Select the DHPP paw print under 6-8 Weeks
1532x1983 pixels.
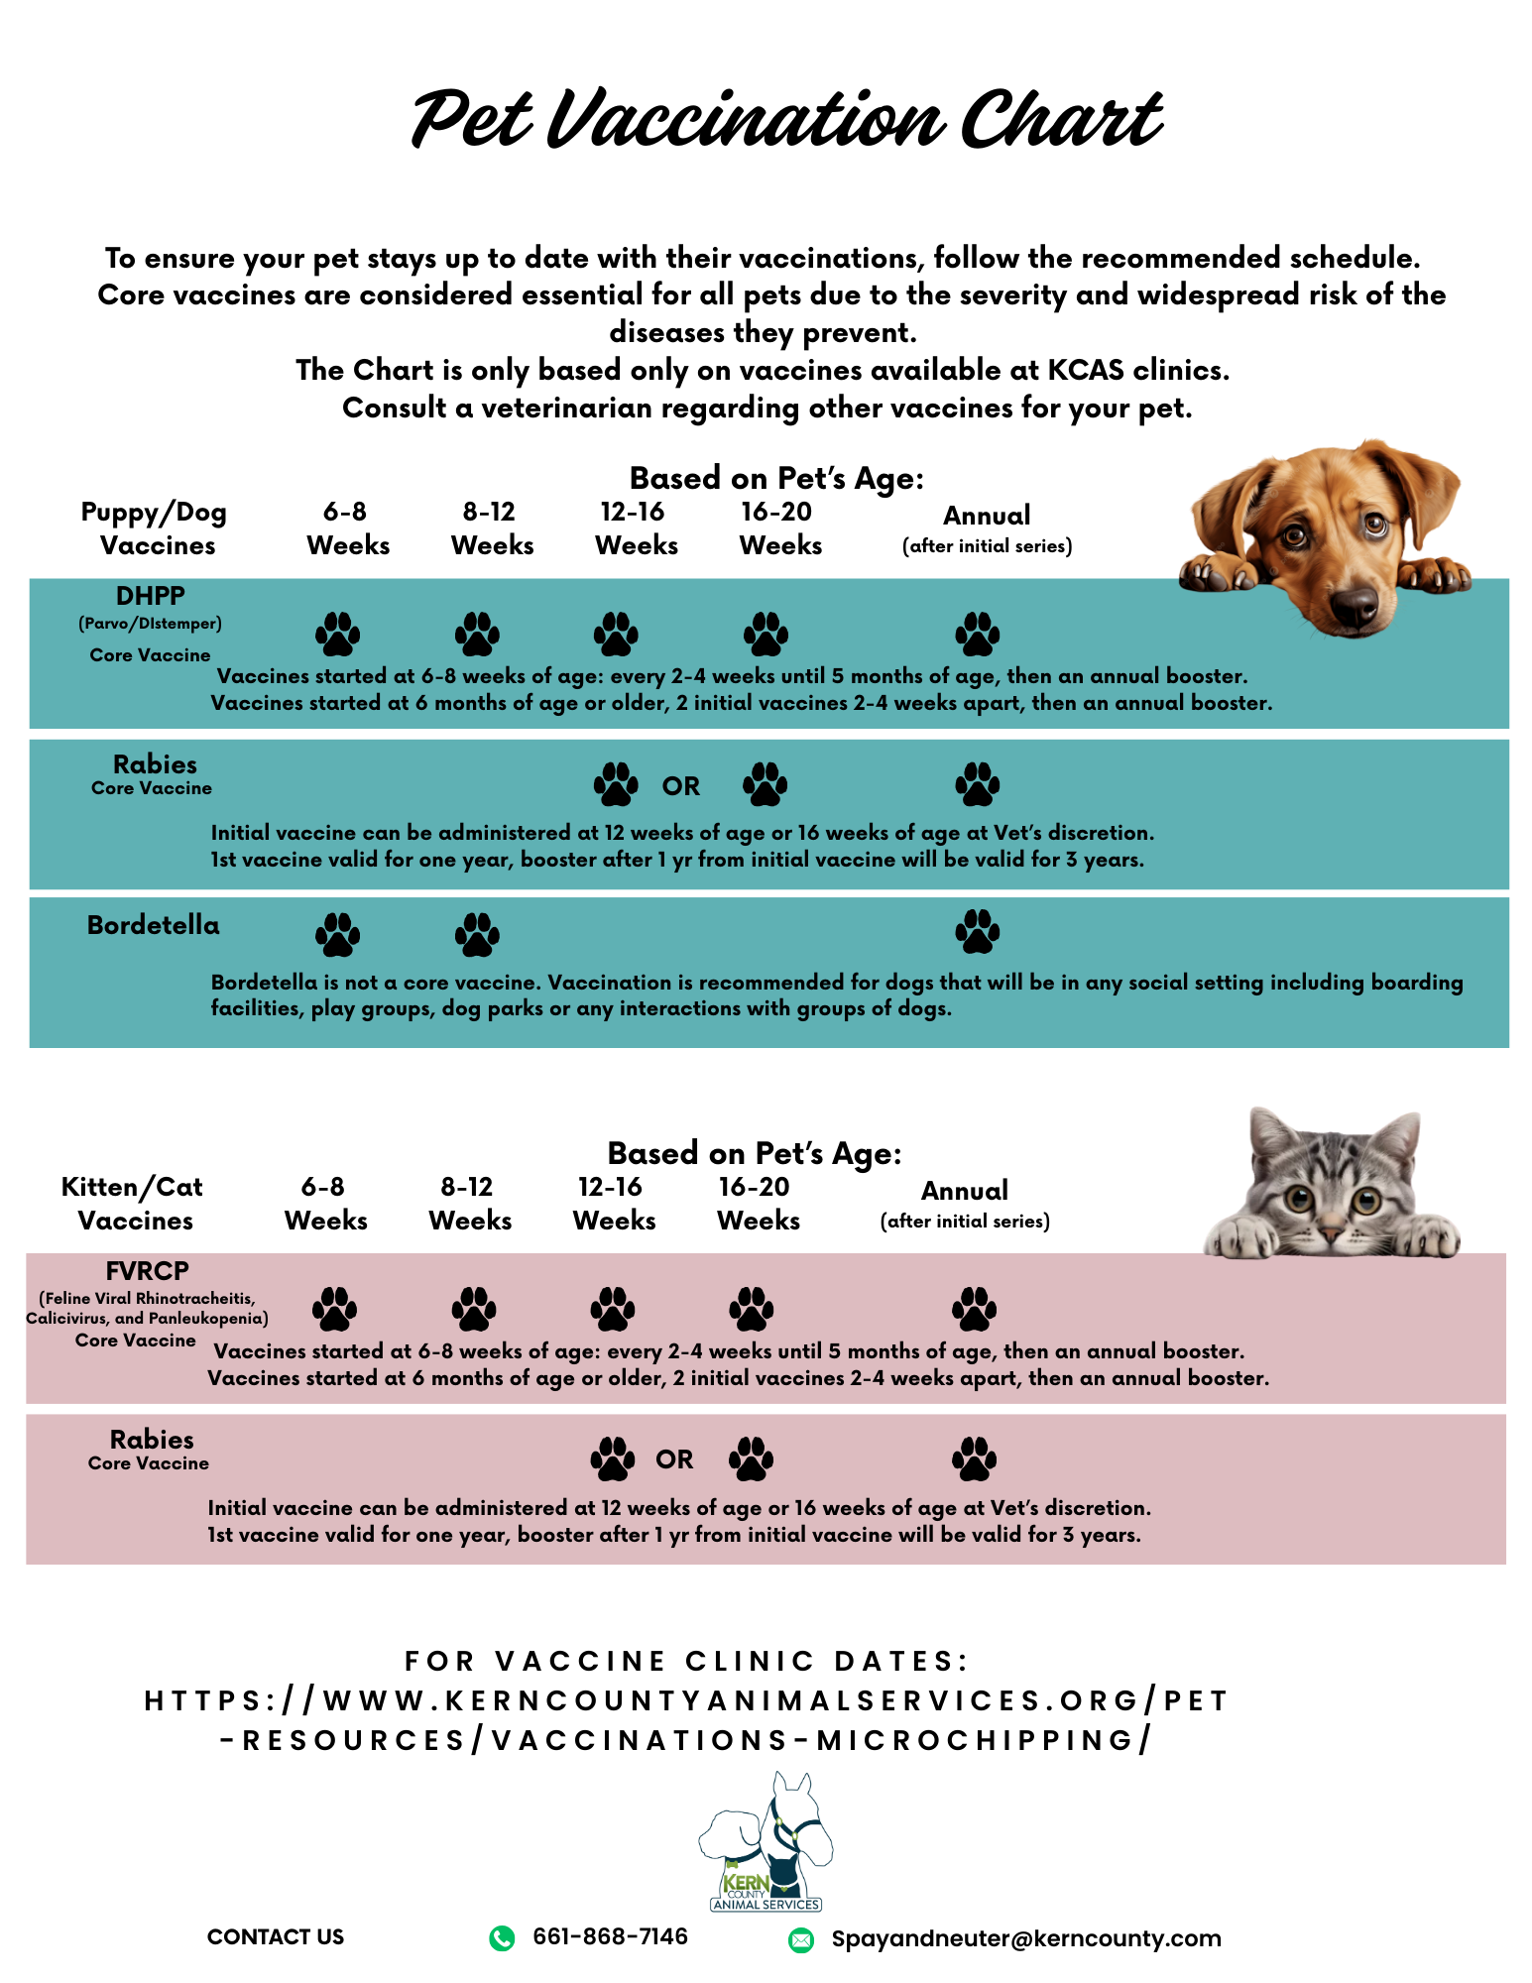tap(338, 634)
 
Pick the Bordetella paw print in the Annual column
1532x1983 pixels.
tap(978, 931)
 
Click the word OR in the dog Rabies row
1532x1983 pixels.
tap(681, 786)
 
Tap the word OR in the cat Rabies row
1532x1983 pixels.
tap(674, 1459)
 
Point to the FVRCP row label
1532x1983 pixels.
tap(147, 1271)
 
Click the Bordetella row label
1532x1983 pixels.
tap(154, 925)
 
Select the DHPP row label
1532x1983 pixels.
tap(151, 596)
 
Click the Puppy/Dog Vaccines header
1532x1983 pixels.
tap(155, 528)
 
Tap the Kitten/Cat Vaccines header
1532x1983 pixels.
tap(133, 1204)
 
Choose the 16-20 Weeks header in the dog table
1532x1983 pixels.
tap(779, 528)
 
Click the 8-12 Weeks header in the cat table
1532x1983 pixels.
tap(469, 1204)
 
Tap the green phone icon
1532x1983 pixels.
tap(503, 1938)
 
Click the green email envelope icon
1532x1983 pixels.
tap(800, 1940)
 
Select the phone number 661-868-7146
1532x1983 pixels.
tap(610, 1937)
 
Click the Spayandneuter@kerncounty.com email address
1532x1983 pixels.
tap(1026, 1939)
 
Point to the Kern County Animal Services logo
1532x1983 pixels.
tap(766, 1842)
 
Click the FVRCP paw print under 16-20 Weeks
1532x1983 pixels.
tap(752, 1309)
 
